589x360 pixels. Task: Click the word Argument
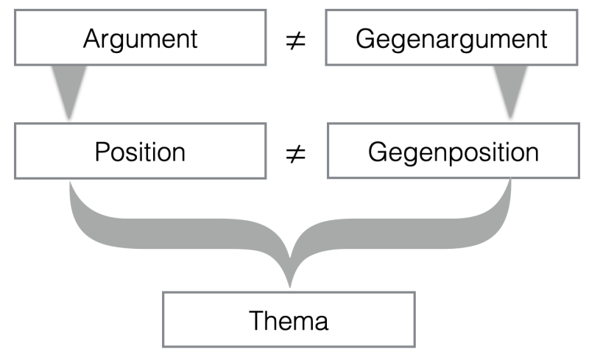point(141,38)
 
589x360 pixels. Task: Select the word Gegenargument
point(451,38)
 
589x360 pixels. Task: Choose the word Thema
point(289,320)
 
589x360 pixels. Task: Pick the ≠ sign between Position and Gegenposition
point(295,155)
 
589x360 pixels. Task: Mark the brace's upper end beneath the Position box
point(71,184)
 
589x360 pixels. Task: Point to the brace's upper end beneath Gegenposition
point(509,184)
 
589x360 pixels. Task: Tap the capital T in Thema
point(257,320)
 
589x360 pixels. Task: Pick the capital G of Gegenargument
point(364,38)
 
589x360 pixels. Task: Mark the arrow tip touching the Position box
point(69,118)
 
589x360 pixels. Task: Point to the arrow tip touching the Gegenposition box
point(510,118)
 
